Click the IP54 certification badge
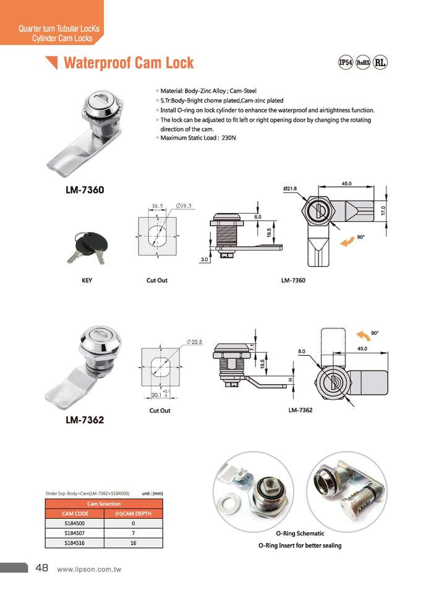click(x=345, y=62)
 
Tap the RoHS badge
click(x=363, y=62)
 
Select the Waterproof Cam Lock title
click(x=129, y=62)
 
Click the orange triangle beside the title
click(x=52, y=62)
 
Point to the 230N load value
click(x=228, y=138)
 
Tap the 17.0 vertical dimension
click(x=383, y=211)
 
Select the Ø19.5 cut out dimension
click(x=184, y=205)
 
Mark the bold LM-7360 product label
click(x=85, y=190)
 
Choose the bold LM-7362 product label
click(x=85, y=420)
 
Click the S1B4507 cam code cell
click(x=76, y=533)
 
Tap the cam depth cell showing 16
click(x=134, y=542)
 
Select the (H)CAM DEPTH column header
click(x=134, y=513)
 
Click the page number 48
click(x=43, y=568)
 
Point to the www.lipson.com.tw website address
click(x=89, y=569)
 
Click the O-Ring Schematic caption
click(x=300, y=533)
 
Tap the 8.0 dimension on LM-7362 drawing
click(x=302, y=351)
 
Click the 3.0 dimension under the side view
click(x=204, y=260)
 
